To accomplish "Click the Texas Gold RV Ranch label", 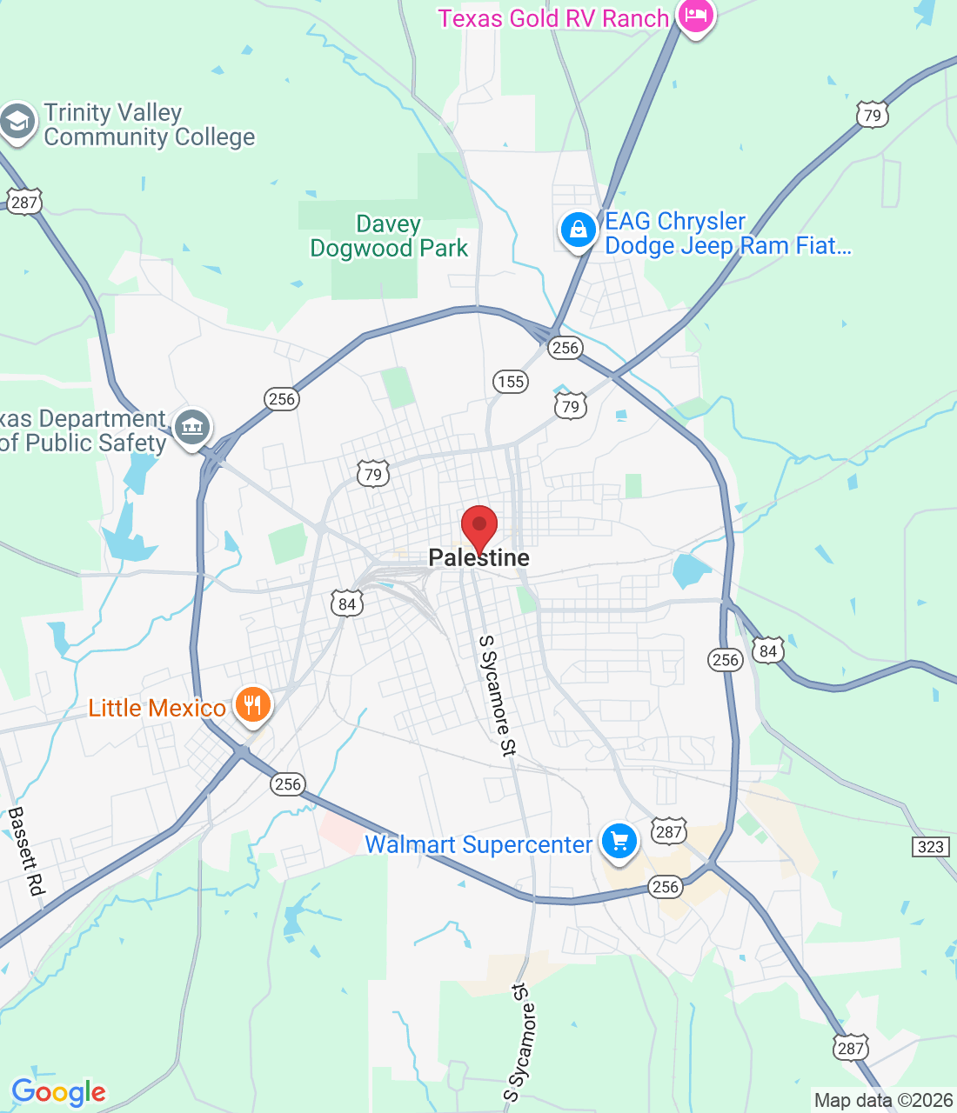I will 553,18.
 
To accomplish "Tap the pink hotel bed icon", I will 695,16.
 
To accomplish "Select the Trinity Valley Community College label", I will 149,125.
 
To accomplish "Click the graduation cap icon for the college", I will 17,122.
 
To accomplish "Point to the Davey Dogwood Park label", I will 389,237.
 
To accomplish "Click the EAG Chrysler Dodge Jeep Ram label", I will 726,234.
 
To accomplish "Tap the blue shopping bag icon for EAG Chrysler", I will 578,230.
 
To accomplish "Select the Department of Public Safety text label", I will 83,431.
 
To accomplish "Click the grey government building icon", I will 192,427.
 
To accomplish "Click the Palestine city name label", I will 478,558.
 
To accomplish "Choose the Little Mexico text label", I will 157,709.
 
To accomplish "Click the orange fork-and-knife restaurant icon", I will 252,704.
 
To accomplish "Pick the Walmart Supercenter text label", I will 478,845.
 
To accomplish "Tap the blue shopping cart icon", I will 619,841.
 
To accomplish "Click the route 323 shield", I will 930,846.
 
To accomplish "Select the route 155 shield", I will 511,381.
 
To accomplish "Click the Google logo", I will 58,1092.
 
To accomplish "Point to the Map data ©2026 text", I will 883,1101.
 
